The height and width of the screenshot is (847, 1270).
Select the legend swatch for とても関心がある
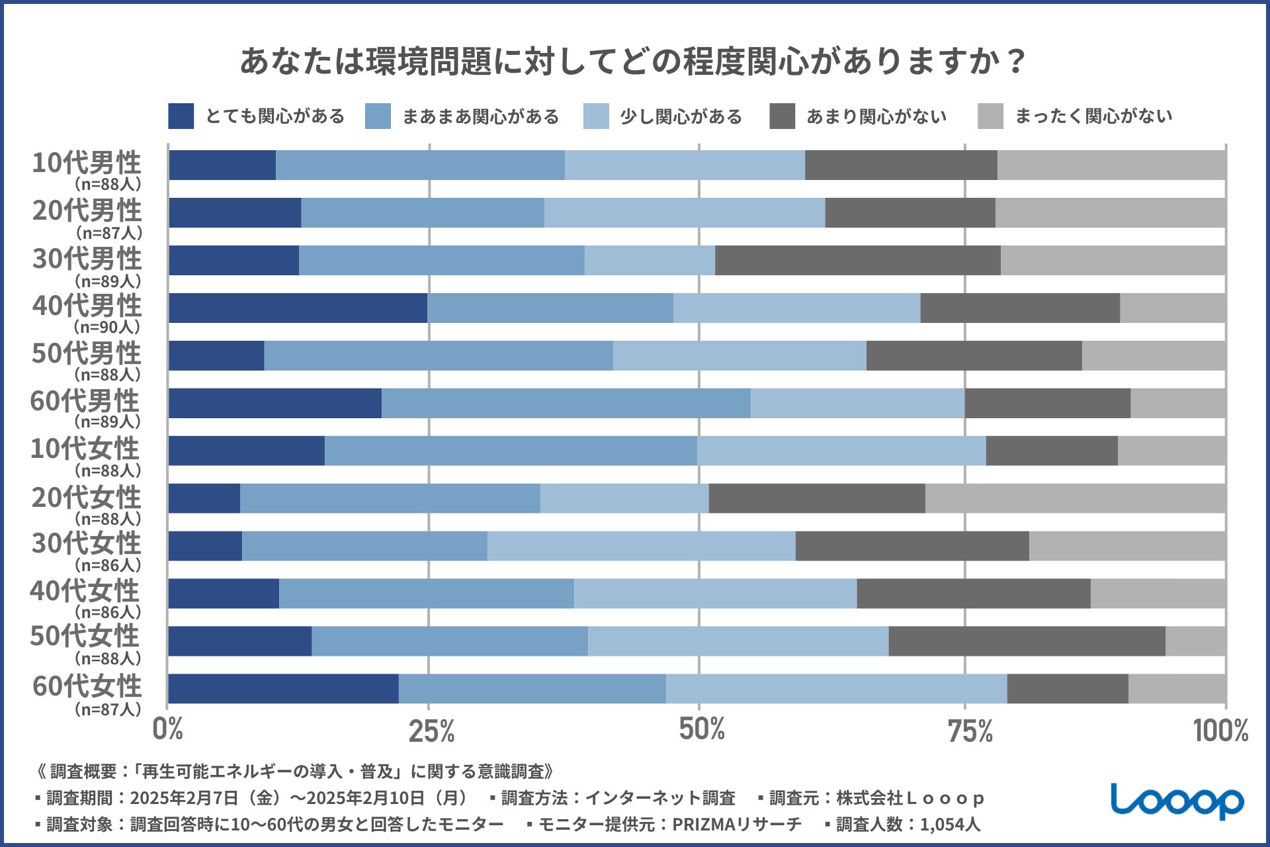[181, 116]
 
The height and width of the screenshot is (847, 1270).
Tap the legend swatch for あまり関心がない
[782, 116]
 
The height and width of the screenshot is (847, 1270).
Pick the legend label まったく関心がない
[1093, 116]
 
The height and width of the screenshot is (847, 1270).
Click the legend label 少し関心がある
[681, 117]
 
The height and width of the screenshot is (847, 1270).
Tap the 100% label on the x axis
[1220, 731]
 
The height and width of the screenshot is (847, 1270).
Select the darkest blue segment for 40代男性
[298, 308]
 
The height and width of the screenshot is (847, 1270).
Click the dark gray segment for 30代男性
[857, 260]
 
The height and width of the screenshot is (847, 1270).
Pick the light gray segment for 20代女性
[1076, 498]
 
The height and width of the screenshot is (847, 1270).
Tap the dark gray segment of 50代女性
[1027, 641]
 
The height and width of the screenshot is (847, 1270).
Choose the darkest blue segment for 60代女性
[283, 688]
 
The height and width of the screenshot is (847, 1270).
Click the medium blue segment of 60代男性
[566, 403]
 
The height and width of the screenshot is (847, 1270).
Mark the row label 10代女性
[85, 449]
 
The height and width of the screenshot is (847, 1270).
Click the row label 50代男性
[86, 353]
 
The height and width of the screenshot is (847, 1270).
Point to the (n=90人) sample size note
[108, 327]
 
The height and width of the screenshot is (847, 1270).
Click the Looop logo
[1177, 801]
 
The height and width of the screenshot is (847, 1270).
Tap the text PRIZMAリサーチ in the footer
[736, 824]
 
